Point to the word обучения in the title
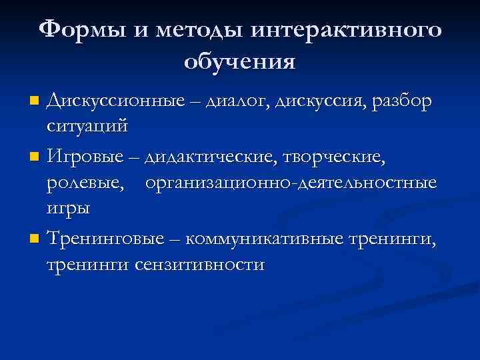[240, 63]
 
